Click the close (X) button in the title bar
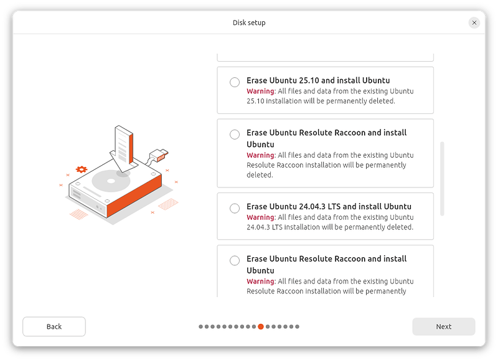pyautogui.click(x=474, y=22)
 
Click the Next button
pyautogui.click(x=443, y=326)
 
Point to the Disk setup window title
pyautogui.click(x=249, y=22)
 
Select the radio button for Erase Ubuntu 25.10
pyautogui.click(x=235, y=82)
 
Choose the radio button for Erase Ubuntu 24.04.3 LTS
pyautogui.click(x=235, y=208)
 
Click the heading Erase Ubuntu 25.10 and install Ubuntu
pyautogui.click(x=318, y=80)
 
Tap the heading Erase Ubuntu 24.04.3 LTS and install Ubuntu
pyautogui.click(x=329, y=206)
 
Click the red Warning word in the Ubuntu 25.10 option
pyautogui.click(x=260, y=91)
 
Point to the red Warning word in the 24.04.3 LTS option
pyautogui.click(x=260, y=217)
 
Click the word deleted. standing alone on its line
pyautogui.click(x=260, y=175)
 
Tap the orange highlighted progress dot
pyautogui.click(x=261, y=326)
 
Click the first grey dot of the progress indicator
pyautogui.click(x=200, y=326)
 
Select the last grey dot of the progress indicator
pyautogui.click(x=298, y=326)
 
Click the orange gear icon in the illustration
pyautogui.click(x=82, y=169)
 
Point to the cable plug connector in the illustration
pyautogui.click(x=159, y=155)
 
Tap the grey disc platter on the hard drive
pyautogui.click(x=111, y=181)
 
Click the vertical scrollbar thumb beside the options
pyautogui.click(x=442, y=179)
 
